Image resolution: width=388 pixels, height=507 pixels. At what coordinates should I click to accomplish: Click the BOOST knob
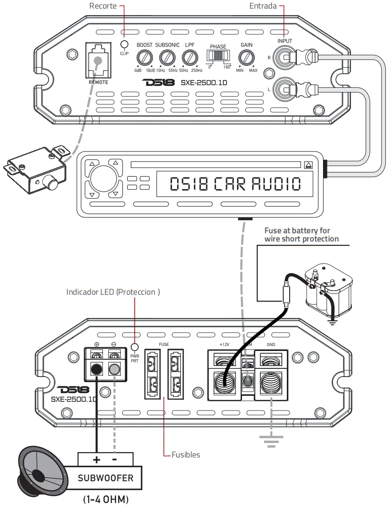(x=145, y=58)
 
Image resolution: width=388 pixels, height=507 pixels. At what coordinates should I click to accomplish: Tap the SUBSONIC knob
(x=167, y=58)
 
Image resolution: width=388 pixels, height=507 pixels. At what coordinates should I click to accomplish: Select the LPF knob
(x=189, y=58)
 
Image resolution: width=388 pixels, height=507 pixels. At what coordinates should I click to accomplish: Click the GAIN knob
(x=247, y=58)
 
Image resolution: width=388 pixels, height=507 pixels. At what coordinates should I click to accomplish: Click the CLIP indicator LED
(x=124, y=44)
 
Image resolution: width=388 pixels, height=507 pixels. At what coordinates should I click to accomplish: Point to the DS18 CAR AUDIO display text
(x=235, y=184)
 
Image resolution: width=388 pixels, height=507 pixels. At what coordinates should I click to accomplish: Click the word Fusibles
(x=186, y=455)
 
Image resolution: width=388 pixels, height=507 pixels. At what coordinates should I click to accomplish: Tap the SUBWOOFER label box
(x=105, y=478)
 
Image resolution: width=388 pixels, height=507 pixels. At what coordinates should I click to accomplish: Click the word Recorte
(x=103, y=6)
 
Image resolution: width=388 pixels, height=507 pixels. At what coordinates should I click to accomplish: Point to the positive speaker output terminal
(x=97, y=368)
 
